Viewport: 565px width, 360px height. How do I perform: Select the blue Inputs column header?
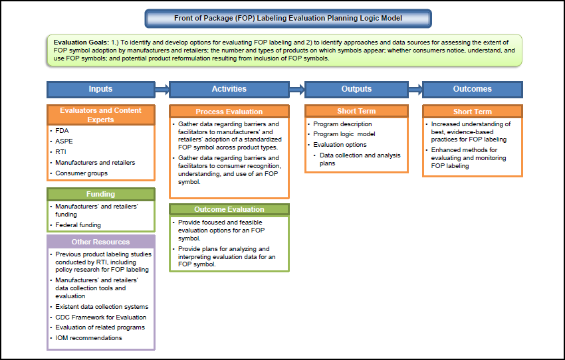(x=100, y=89)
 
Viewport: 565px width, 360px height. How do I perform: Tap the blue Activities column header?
(x=229, y=89)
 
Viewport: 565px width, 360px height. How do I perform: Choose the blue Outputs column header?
(x=356, y=89)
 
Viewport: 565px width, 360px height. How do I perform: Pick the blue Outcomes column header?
(x=472, y=89)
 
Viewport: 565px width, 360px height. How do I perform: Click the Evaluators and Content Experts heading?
(x=100, y=115)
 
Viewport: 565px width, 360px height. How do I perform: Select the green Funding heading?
(x=100, y=195)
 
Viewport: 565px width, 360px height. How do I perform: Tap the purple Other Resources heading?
(x=100, y=242)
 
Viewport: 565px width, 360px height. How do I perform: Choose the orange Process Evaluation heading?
(x=229, y=112)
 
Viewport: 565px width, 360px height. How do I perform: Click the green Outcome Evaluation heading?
(x=229, y=209)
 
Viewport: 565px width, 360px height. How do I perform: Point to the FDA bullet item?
(x=62, y=131)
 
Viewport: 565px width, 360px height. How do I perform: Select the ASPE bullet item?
(x=64, y=141)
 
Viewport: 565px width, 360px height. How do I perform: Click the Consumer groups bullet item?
(x=81, y=173)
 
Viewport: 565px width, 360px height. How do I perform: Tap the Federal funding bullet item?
(x=78, y=225)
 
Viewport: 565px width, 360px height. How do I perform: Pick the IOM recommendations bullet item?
(x=88, y=338)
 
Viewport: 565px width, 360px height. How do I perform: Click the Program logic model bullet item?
(x=346, y=134)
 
